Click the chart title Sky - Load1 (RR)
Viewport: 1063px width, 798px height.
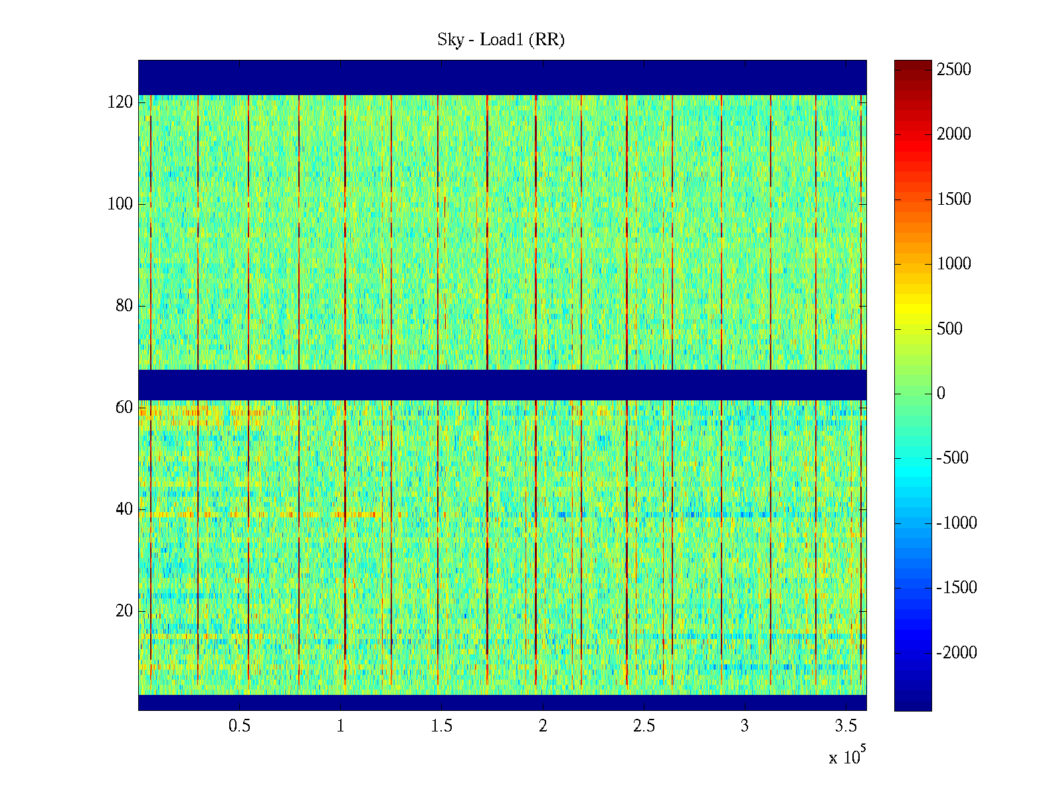pos(501,40)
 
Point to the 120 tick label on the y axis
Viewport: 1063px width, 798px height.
pos(120,102)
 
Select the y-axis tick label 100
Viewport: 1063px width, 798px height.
pos(120,204)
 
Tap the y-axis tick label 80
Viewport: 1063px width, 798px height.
pos(124,306)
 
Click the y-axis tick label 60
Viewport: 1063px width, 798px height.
pos(124,408)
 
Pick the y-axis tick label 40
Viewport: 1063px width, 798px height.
pos(124,509)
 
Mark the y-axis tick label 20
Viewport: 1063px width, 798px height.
pos(124,611)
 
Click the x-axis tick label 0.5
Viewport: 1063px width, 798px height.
pos(240,726)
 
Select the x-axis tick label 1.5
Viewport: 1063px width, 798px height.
pos(442,726)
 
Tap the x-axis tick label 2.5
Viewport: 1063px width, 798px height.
pos(644,726)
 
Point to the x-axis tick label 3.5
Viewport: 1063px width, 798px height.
pos(846,726)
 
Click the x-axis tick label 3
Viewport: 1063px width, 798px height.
pos(745,726)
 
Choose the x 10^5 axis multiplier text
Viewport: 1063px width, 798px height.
pos(846,756)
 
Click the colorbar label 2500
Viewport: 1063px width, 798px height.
pos(954,70)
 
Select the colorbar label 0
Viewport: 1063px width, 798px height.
pos(941,394)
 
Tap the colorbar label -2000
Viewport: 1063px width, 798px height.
pos(957,653)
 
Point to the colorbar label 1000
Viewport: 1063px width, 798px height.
pos(954,264)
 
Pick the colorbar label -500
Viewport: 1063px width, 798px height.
pos(953,458)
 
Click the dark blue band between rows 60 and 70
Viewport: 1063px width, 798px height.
pos(502,384)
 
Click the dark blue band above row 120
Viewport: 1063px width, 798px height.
pos(502,77)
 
